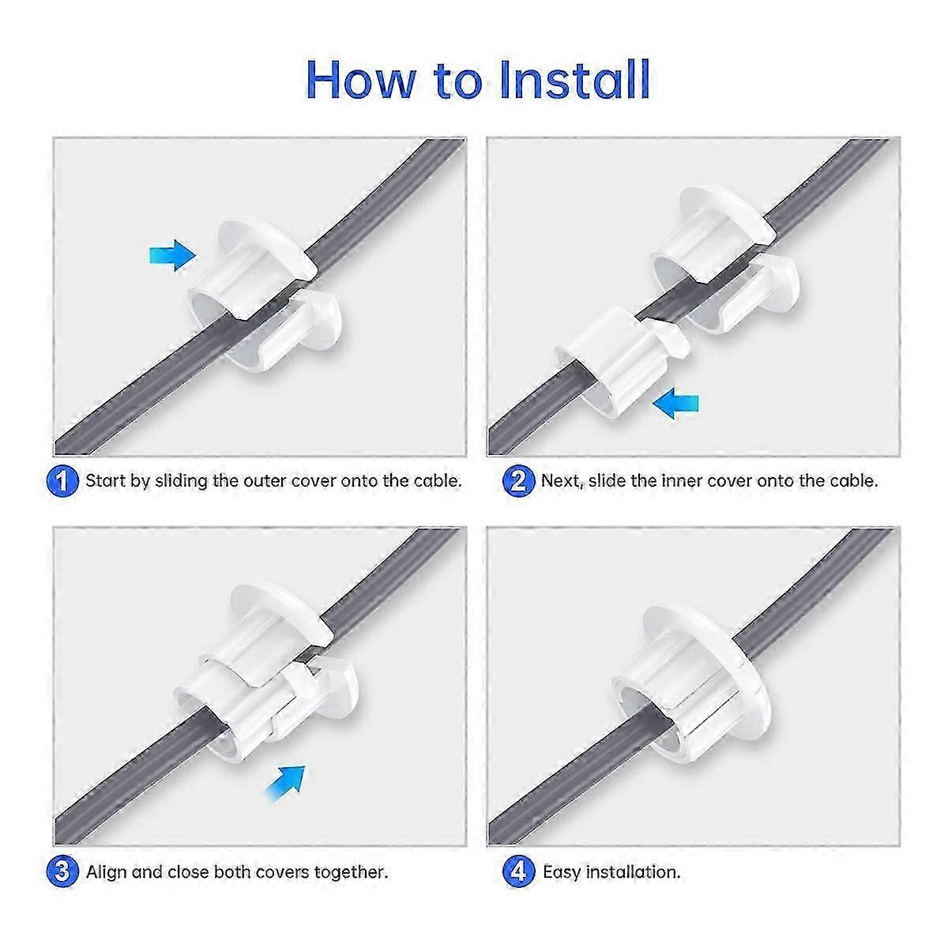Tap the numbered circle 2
[519, 481]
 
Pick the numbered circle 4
[519, 872]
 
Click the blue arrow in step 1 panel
[173, 254]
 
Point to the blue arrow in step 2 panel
[677, 404]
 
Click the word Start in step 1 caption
[106, 481]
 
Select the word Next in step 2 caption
[562, 481]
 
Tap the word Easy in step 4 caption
[562, 872]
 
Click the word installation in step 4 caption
[633, 872]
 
